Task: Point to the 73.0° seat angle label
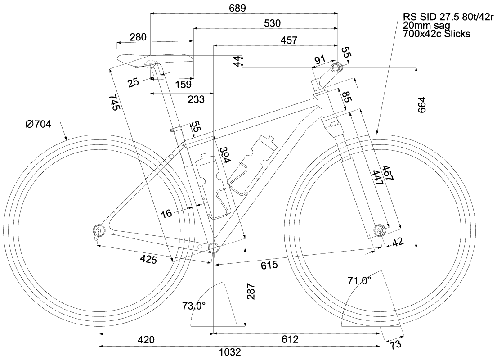[194, 306]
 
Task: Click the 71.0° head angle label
[359, 281]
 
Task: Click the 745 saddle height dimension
[113, 102]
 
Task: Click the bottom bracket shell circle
[213, 247]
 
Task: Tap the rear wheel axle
[99, 231]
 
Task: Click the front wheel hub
[381, 231]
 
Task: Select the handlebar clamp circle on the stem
[336, 68]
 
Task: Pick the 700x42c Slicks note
[437, 34]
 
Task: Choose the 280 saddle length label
[138, 37]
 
